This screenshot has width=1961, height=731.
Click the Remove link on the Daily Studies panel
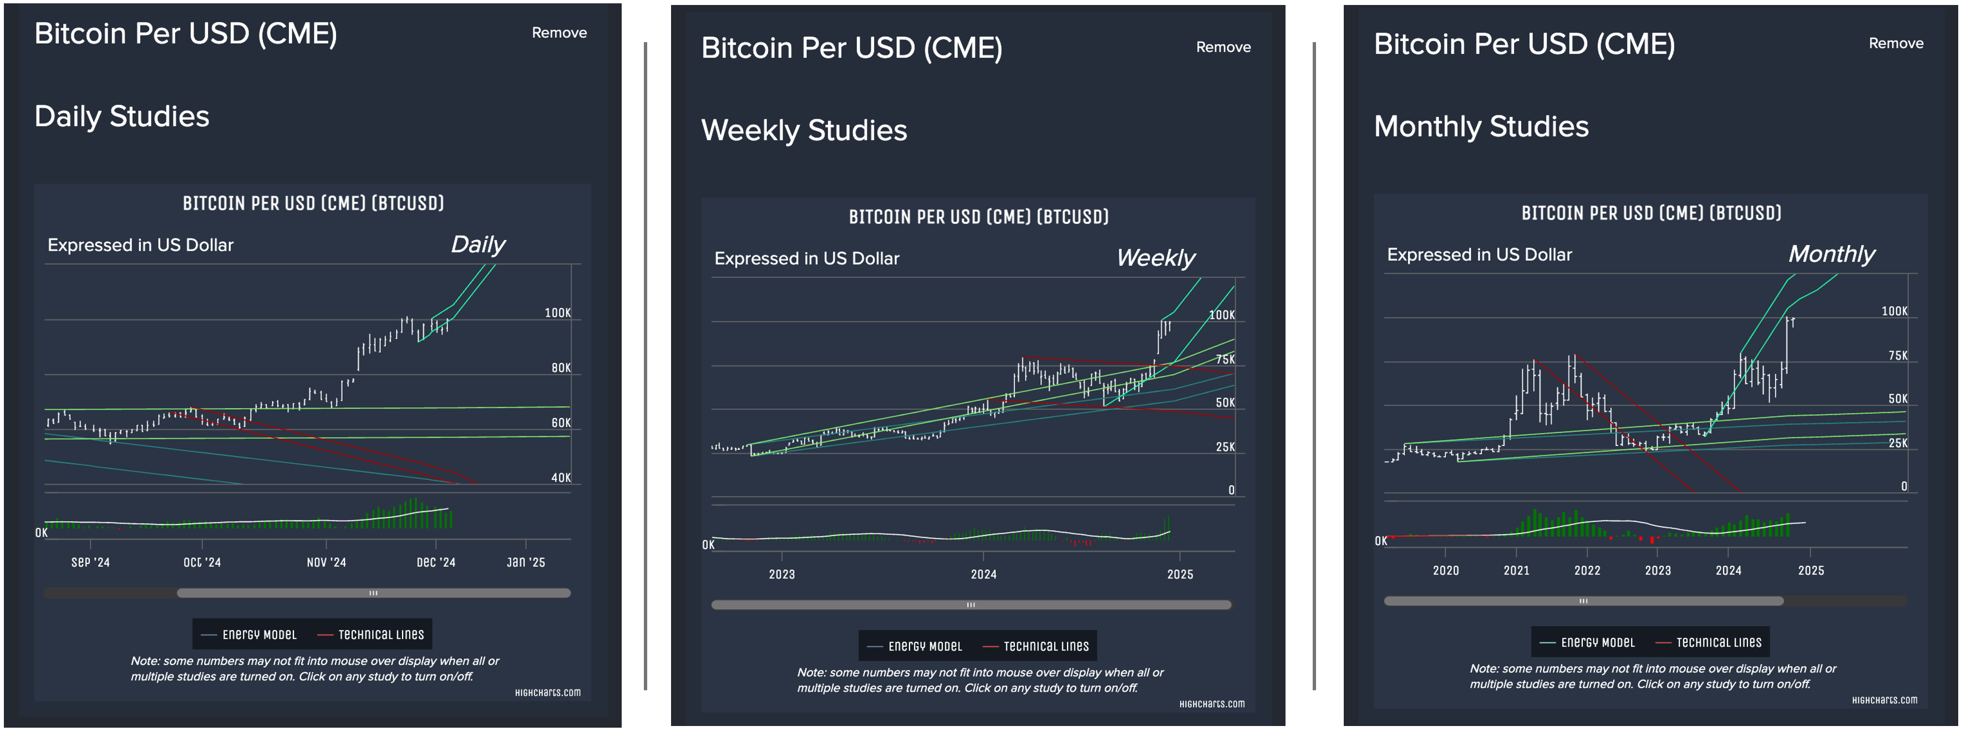[x=559, y=33]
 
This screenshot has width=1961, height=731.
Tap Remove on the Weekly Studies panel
[x=1223, y=47]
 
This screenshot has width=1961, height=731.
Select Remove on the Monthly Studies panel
[x=1895, y=43]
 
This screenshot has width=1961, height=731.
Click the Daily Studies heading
[x=122, y=116]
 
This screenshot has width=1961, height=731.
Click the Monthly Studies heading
[x=1481, y=126]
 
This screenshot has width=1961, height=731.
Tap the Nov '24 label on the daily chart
[x=326, y=563]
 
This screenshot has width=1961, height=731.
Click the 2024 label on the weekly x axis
[x=983, y=574]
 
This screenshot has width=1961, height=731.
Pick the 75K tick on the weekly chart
[x=1225, y=359]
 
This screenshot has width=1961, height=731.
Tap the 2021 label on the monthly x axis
[x=1516, y=570]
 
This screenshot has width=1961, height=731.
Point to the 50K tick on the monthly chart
[x=1897, y=399]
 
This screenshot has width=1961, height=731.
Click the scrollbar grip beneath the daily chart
[x=373, y=592]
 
